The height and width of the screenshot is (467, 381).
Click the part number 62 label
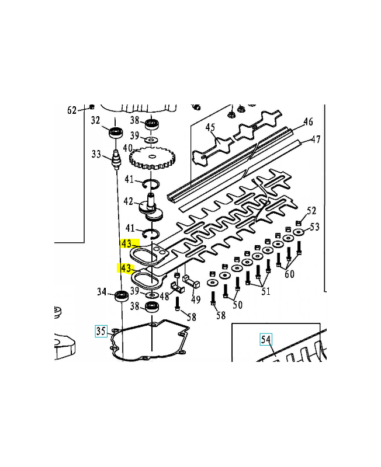[x=72, y=110]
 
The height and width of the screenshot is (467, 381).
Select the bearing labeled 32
[x=115, y=133]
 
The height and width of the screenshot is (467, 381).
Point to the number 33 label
[x=96, y=154]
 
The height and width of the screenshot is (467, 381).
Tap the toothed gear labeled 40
[x=153, y=159]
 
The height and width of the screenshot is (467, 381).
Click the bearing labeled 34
[x=122, y=296]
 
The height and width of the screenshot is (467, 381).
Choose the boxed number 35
[x=101, y=331]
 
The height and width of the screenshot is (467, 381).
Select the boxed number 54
[x=266, y=339]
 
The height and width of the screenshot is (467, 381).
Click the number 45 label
[x=210, y=127]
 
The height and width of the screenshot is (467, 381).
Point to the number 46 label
[x=308, y=121]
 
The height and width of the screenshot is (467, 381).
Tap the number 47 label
[x=316, y=140]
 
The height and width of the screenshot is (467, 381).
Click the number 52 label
[x=311, y=211]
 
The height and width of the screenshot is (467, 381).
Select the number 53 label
[x=314, y=227]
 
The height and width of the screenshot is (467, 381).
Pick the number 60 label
[x=289, y=274]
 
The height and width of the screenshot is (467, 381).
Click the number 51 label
[x=266, y=291]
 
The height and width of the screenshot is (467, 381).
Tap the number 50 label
[x=237, y=305]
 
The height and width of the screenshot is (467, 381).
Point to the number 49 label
[x=196, y=299]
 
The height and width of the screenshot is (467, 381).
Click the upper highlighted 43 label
[x=126, y=243]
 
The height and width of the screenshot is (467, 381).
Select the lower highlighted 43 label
[x=126, y=269]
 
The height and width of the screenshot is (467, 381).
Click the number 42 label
[x=128, y=201]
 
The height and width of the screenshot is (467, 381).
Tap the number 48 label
[x=164, y=296]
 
